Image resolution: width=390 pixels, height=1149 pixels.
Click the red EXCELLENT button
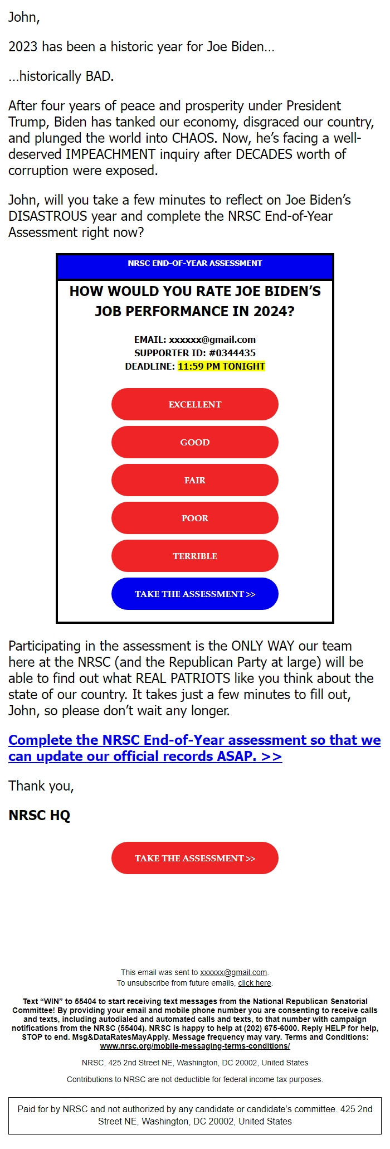[x=195, y=404]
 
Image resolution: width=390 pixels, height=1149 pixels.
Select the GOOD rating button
[x=195, y=442]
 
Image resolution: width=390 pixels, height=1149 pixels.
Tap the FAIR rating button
[x=195, y=480]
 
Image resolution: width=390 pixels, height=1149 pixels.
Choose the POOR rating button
[x=195, y=518]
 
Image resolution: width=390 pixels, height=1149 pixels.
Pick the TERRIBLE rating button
[x=195, y=556]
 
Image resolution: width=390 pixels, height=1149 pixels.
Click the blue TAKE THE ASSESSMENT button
[x=195, y=594]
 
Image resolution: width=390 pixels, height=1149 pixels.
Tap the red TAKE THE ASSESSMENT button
[x=195, y=858]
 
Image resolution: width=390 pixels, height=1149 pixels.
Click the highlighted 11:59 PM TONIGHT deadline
[x=221, y=366]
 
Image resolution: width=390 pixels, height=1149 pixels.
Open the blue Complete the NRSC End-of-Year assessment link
[x=194, y=748]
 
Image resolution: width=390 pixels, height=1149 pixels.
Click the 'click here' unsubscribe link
[x=255, y=983]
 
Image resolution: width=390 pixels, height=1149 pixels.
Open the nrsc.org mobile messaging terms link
[x=195, y=1046]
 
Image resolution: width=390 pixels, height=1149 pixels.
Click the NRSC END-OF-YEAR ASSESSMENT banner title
[x=195, y=263]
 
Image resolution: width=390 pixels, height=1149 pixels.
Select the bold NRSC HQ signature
[x=40, y=815]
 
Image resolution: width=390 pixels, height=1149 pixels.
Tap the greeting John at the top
[x=23, y=17]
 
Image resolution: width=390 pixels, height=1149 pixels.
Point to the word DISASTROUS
[x=48, y=216]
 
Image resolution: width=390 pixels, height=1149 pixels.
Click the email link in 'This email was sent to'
[x=233, y=972]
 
